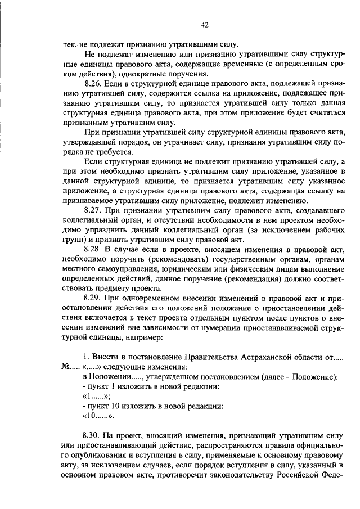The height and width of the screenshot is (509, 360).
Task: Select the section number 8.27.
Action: coord(93,209)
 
